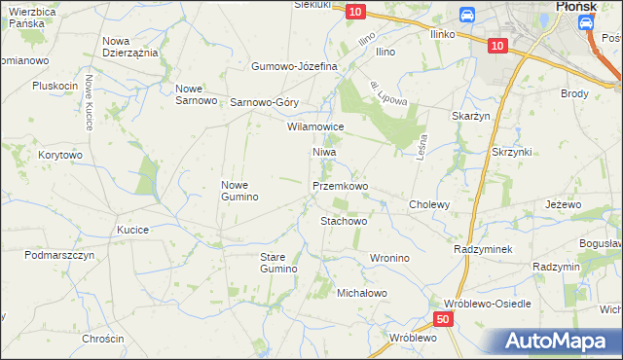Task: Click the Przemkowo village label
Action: pyautogui.click(x=340, y=185)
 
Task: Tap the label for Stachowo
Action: pyautogui.click(x=344, y=221)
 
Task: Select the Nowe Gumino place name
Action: pyautogui.click(x=239, y=191)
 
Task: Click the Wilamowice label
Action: pyautogui.click(x=314, y=126)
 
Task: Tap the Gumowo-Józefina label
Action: pyautogui.click(x=294, y=66)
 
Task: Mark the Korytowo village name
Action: pyautogui.click(x=60, y=155)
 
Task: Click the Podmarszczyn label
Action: pyautogui.click(x=59, y=254)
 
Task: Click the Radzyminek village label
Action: pyautogui.click(x=483, y=249)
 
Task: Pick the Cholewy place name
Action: pyautogui.click(x=429, y=204)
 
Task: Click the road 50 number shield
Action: pyautogui.click(x=444, y=319)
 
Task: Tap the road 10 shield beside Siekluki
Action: pyautogui.click(x=355, y=11)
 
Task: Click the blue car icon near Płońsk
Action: pyautogui.click(x=466, y=15)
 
